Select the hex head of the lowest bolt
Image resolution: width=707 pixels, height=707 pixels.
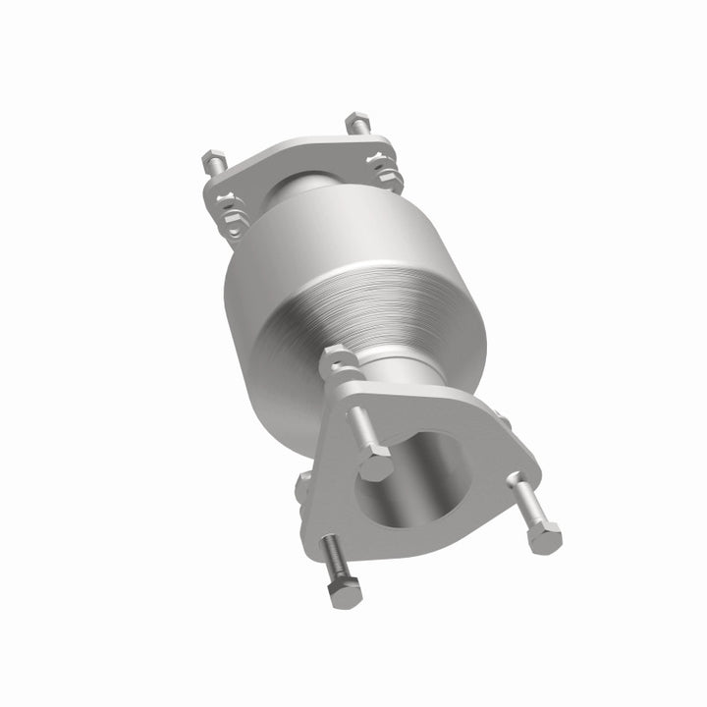coord(346,592)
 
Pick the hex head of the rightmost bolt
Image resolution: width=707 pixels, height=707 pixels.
coord(543,537)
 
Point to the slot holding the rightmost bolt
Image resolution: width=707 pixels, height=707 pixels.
coord(512,481)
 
